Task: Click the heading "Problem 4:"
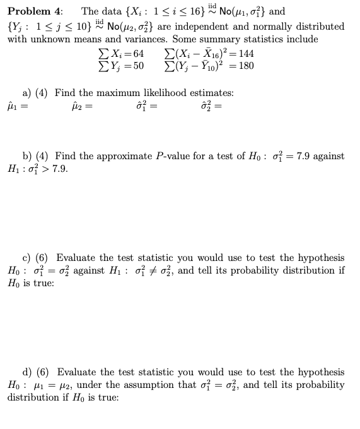(x=35, y=11)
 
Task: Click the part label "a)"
(x=28, y=93)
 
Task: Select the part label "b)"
(x=28, y=156)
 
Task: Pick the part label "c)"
(x=28, y=258)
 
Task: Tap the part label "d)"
(x=28, y=372)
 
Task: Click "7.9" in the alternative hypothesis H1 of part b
(x=60, y=169)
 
